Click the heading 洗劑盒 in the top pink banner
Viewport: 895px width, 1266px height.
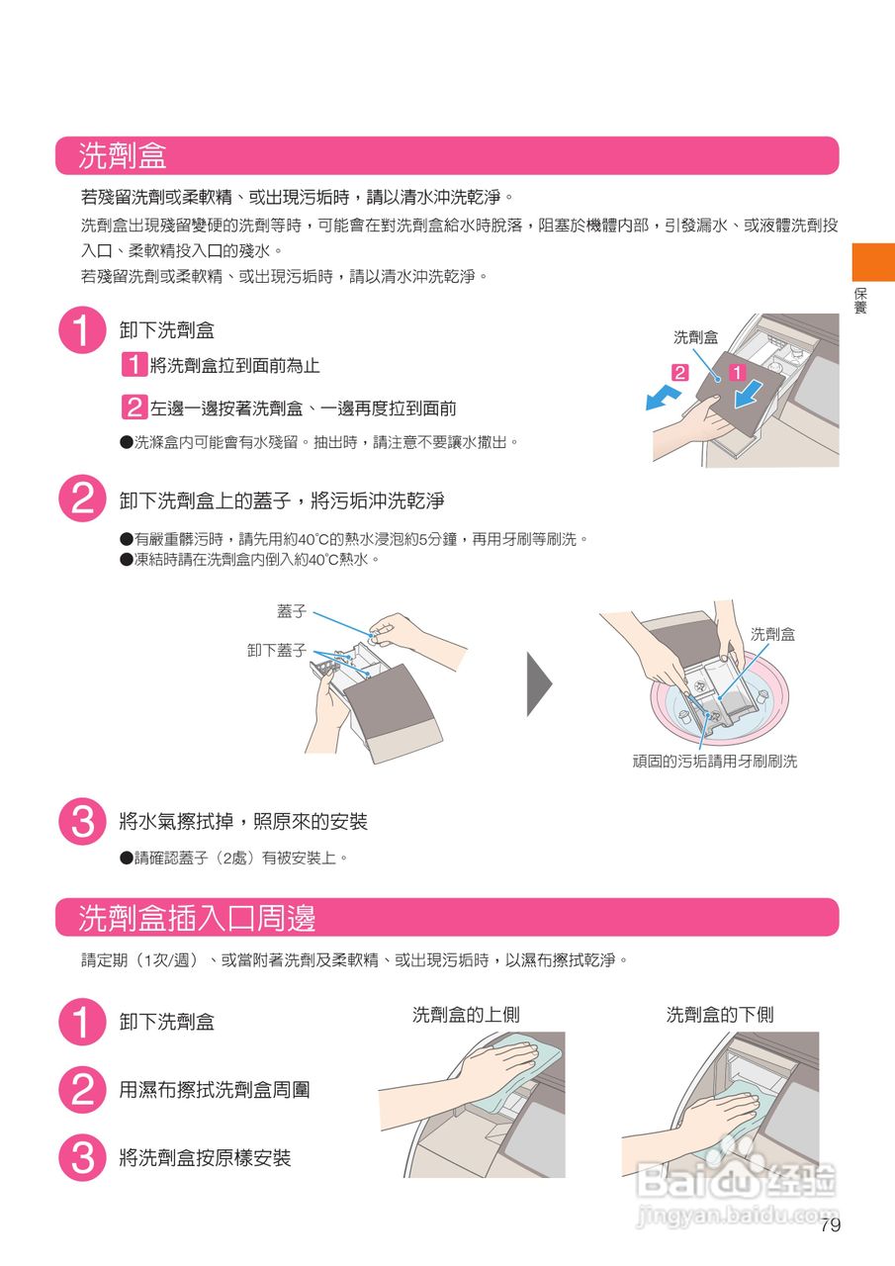point(122,155)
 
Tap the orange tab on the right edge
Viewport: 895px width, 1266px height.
point(873,262)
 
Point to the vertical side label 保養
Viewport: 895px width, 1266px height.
point(860,301)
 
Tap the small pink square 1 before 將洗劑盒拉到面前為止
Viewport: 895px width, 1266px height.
point(134,365)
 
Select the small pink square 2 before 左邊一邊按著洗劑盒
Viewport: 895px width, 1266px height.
point(134,407)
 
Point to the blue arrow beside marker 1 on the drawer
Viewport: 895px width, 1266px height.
point(749,394)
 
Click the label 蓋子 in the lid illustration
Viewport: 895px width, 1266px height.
point(292,611)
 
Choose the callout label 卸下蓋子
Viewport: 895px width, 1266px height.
point(277,651)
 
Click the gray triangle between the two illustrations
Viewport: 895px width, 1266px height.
point(539,683)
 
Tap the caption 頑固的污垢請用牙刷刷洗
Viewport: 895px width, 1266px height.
point(715,762)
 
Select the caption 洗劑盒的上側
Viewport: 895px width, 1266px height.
point(466,1015)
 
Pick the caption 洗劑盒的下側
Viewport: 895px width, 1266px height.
point(720,1015)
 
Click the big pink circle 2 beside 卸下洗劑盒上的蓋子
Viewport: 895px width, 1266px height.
point(82,498)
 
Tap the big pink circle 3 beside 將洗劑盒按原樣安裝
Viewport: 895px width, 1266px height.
point(82,1157)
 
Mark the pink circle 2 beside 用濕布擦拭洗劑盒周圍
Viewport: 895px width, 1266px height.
point(82,1090)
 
